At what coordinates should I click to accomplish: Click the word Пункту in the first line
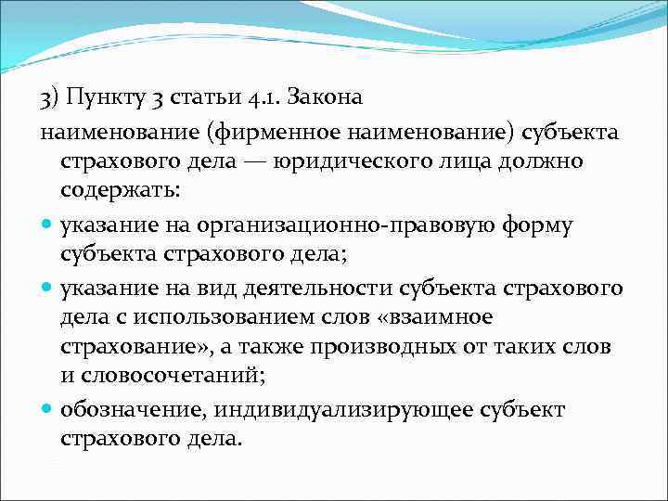tap(103, 96)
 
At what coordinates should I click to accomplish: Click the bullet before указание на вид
tap(46, 288)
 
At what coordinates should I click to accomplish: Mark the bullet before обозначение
tap(46, 409)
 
